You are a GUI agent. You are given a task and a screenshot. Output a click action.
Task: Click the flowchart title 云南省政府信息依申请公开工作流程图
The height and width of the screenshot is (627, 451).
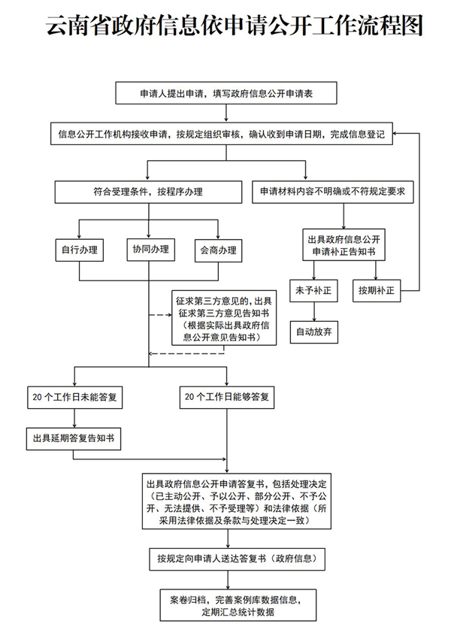pos(234,27)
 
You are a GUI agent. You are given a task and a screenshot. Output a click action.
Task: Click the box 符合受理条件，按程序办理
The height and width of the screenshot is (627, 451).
pos(147,192)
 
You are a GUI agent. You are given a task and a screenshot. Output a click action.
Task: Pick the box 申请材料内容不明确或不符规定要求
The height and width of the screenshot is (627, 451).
pos(331,192)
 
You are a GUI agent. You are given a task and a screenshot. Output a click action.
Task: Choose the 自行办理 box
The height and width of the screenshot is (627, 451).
pos(80,250)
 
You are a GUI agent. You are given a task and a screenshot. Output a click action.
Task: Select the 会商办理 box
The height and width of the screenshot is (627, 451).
pos(217,250)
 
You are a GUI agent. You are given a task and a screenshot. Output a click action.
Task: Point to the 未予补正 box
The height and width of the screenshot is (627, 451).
pos(313,290)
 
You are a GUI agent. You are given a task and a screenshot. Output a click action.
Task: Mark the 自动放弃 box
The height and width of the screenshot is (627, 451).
pos(313,332)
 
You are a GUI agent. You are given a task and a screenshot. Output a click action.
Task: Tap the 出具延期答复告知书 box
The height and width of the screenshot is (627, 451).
pos(74,438)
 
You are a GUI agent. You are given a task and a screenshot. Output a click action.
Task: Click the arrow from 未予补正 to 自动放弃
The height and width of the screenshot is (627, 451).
pos(313,311)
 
